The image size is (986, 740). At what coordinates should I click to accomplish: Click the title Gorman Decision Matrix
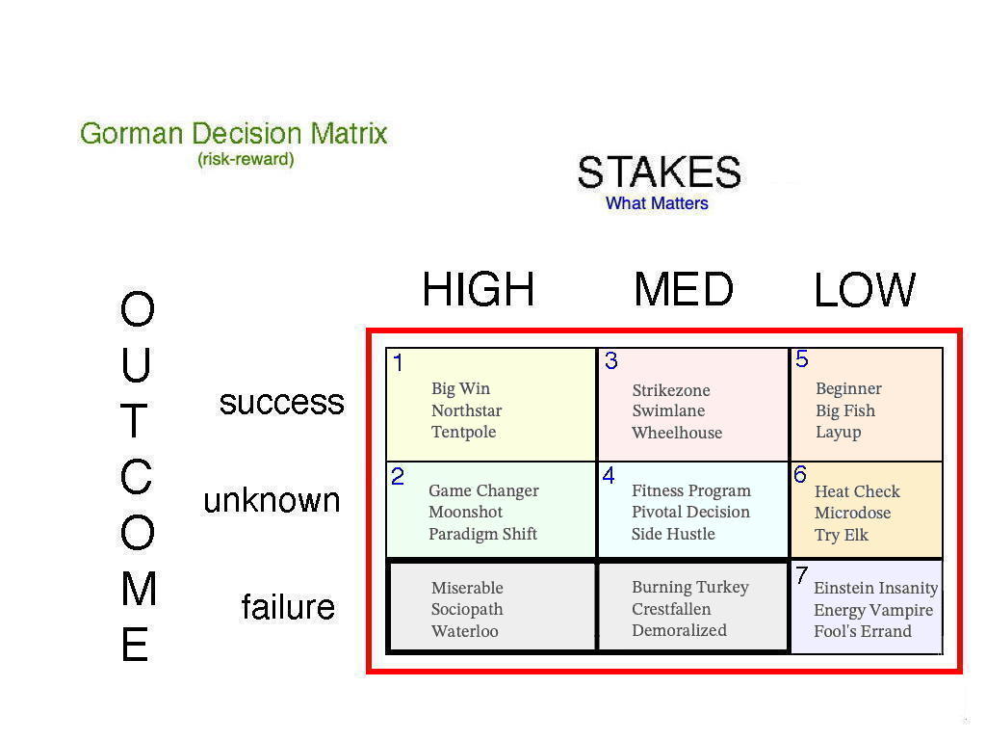tap(233, 133)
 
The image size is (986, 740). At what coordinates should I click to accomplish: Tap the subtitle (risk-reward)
tap(246, 159)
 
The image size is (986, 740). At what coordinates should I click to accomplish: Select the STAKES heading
tap(659, 172)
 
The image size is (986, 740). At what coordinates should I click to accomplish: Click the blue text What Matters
tap(657, 203)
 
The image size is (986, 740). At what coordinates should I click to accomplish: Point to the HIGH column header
tap(478, 289)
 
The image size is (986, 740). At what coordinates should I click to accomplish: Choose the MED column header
tap(684, 289)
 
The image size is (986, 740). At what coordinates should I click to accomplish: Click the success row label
tap(281, 403)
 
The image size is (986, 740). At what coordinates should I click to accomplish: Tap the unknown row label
tap(272, 501)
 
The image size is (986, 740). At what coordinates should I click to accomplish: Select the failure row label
tap(288, 607)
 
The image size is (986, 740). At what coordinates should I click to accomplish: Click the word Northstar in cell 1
tap(467, 410)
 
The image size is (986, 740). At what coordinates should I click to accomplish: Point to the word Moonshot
tap(465, 512)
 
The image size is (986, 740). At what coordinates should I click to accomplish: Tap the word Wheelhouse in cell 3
tap(677, 433)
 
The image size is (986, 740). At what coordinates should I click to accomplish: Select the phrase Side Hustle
tap(673, 534)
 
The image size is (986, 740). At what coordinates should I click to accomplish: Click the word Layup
tap(839, 433)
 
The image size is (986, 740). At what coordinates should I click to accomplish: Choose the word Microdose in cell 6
tap(852, 513)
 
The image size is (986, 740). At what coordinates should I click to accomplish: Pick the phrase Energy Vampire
tap(872, 610)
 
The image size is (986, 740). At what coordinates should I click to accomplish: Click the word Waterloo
tap(465, 631)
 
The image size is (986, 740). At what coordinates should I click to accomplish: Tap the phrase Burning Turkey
tap(689, 587)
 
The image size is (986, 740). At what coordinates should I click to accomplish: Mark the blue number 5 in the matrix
tap(802, 358)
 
